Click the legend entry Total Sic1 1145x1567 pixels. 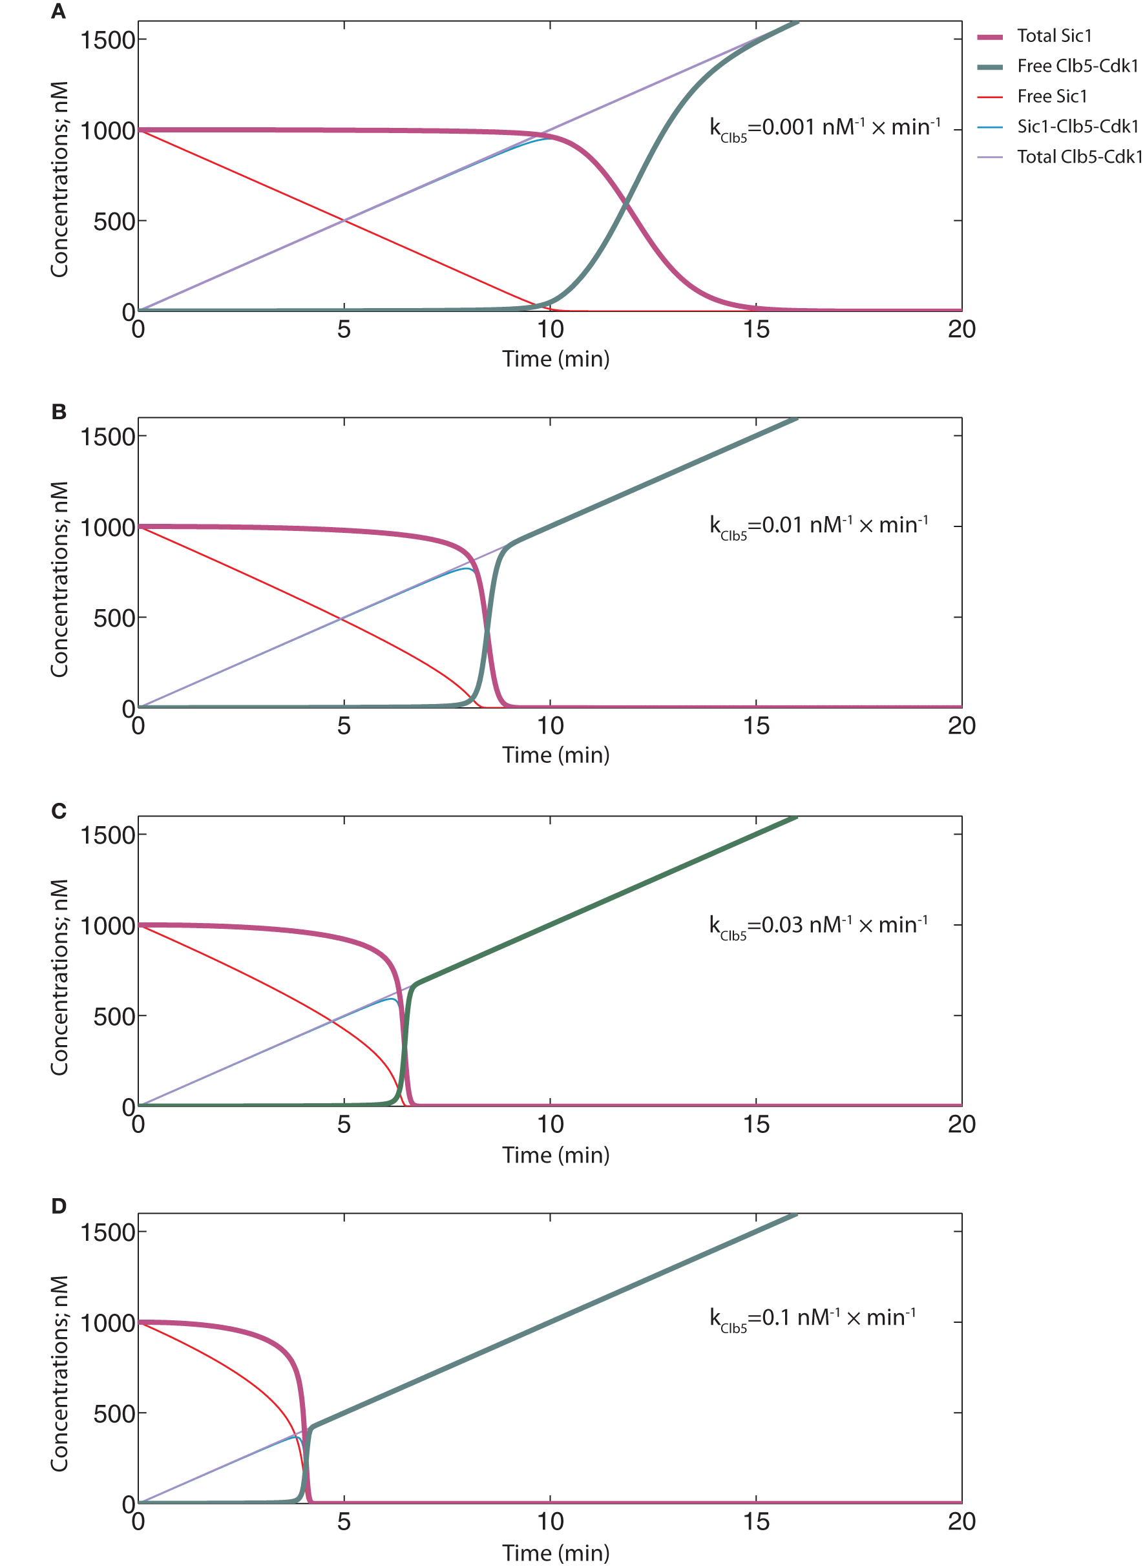[1053, 36]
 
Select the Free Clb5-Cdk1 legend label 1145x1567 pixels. [1077, 67]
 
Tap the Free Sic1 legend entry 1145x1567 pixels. [1051, 96]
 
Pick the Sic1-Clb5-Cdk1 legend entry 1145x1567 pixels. [1077, 127]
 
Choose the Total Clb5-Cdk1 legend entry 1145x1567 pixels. [1078, 157]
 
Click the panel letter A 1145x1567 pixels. [58, 12]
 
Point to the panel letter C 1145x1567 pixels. [58, 811]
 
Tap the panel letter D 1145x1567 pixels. [58, 1206]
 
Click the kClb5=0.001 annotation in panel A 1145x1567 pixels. [824, 128]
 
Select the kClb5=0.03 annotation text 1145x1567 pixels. [818, 926]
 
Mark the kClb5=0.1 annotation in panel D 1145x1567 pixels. [812, 1318]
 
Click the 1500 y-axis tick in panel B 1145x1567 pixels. [107, 437]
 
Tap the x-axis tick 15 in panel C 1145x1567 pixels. [756, 1124]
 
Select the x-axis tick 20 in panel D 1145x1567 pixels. [961, 1521]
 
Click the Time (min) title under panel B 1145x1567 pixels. [556, 755]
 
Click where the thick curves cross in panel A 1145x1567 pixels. [626, 202]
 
